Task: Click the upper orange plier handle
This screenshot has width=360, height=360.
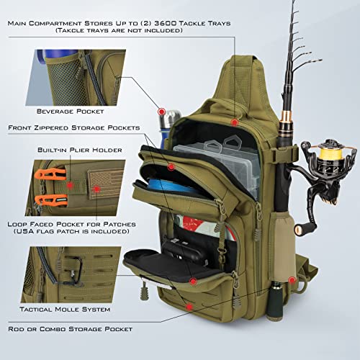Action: pyautogui.click(x=45, y=174)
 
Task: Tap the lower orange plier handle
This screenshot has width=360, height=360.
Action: pyautogui.click(x=45, y=201)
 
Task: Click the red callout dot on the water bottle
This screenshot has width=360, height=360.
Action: pyautogui.click(x=162, y=112)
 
